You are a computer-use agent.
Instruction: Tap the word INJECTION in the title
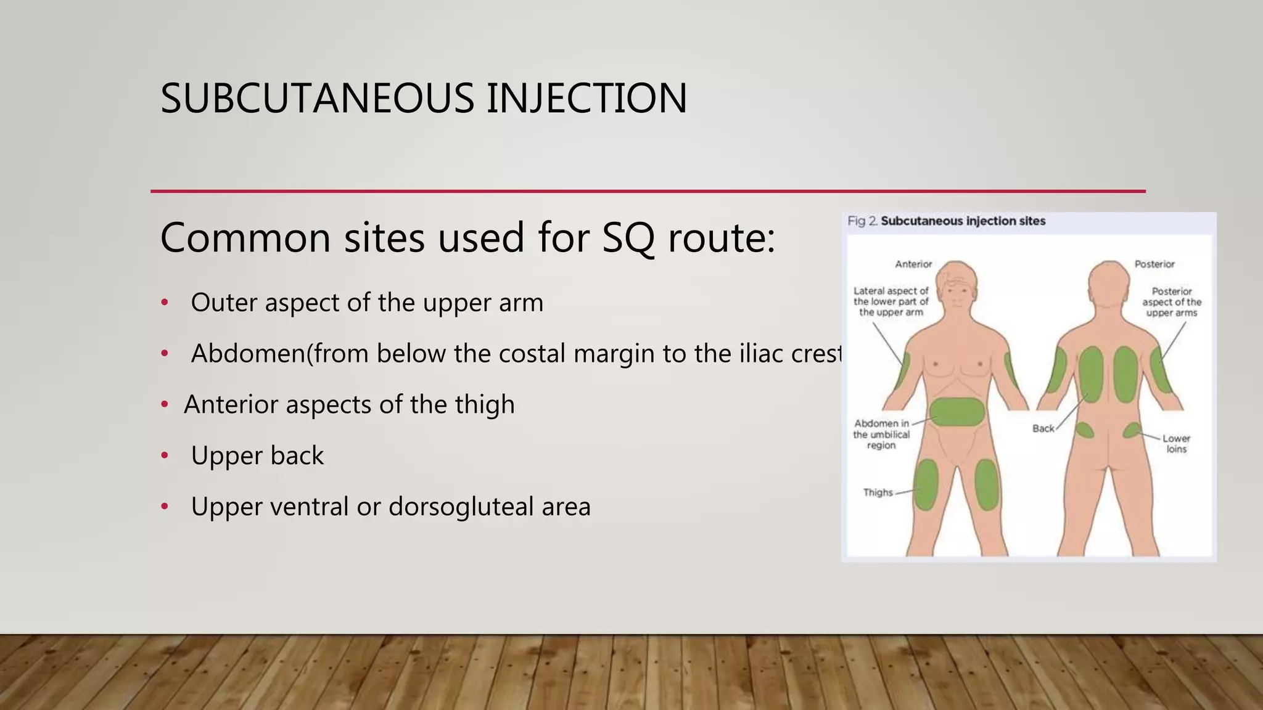[586, 99]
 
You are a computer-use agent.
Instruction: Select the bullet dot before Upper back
[165, 455]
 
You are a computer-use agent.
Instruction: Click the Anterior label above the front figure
[913, 264]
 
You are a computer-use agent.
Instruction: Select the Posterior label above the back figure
[1154, 264]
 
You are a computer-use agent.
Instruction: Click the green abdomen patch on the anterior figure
[957, 412]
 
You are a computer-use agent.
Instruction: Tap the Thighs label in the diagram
[878, 492]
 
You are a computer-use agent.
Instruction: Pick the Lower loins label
[1176, 444]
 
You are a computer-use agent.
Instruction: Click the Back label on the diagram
[1043, 428]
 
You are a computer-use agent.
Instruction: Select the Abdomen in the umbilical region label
[881, 435]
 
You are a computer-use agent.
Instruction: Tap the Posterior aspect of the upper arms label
[1172, 302]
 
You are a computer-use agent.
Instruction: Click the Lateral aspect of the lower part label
[891, 301]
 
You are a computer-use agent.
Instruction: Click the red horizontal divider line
[648, 192]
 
